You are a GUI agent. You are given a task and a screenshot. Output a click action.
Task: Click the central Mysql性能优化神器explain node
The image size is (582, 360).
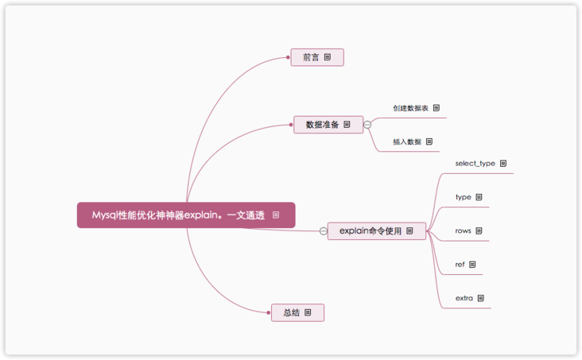click(186, 215)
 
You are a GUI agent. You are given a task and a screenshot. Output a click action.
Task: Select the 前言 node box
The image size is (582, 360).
click(317, 57)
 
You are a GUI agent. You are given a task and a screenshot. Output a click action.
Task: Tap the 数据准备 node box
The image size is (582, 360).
click(328, 124)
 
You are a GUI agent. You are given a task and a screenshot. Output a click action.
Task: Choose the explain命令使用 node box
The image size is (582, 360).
click(376, 230)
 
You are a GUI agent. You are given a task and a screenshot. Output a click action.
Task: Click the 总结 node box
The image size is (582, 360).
click(297, 312)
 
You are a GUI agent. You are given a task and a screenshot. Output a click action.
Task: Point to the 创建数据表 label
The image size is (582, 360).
click(410, 108)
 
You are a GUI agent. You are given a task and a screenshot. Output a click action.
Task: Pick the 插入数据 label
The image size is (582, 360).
click(407, 141)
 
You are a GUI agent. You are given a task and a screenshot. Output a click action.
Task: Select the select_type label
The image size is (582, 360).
click(475, 163)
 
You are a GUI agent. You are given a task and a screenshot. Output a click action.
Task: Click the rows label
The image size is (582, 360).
click(463, 230)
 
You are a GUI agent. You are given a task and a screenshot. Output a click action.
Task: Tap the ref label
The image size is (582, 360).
click(460, 265)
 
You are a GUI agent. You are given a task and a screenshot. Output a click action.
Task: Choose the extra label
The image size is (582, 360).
click(464, 298)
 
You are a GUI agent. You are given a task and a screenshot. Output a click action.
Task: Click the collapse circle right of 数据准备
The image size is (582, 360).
click(367, 125)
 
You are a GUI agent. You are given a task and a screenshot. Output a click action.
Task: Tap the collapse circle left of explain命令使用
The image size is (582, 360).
click(324, 231)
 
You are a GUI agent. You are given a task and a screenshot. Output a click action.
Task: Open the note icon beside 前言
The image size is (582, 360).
click(328, 57)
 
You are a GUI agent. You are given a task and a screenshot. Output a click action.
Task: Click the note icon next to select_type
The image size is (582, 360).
click(503, 163)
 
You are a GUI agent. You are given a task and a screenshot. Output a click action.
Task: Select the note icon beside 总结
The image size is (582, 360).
click(308, 312)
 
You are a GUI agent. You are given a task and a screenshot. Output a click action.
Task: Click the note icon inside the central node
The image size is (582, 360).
click(276, 215)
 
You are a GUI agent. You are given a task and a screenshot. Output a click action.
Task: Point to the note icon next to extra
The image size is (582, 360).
click(481, 298)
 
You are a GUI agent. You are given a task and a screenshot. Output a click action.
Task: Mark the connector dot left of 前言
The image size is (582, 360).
click(288, 57)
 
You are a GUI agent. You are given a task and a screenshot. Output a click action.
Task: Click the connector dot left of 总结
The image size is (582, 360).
click(269, 312)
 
